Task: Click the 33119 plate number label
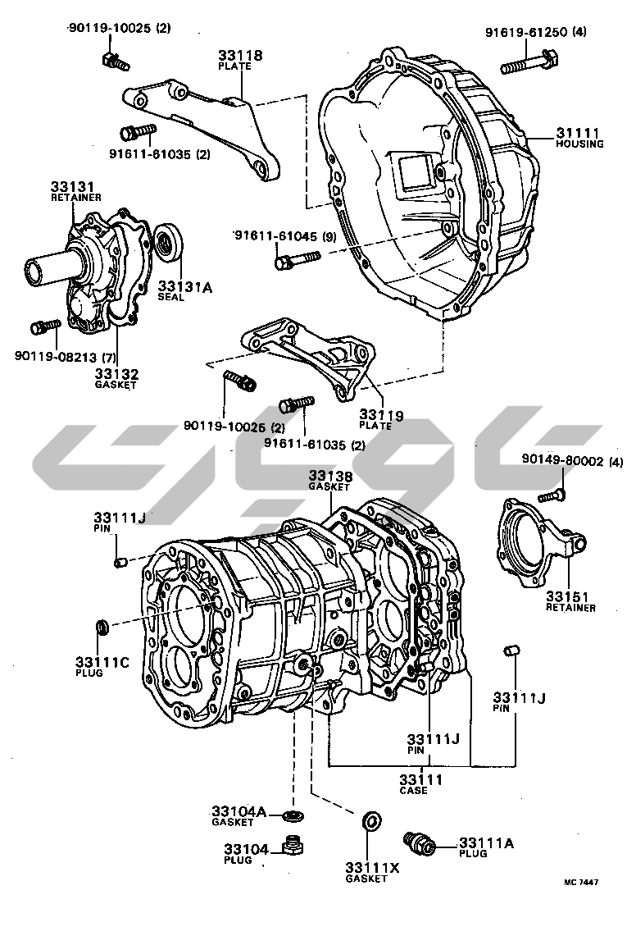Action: point(381,416)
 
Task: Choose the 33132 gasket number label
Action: point(115,374)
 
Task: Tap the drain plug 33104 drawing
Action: point(290,845)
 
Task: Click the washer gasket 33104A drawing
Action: point(291,815)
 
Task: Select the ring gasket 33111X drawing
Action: point(370,820)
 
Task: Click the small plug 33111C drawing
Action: point(104,628)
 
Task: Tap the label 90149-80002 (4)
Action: point(572,462)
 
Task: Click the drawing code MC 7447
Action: point(581,882)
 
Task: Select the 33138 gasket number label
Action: point(331,476)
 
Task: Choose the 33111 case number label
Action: point(421,779)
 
